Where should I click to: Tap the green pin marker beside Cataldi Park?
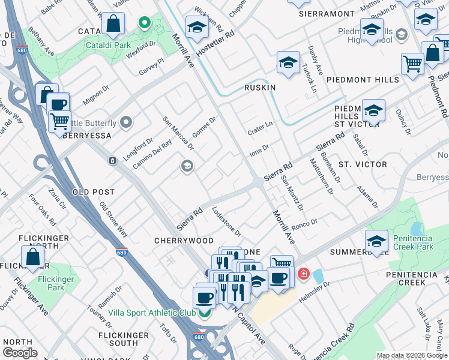tap(144, 23)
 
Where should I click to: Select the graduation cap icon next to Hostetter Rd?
tap(196, 27)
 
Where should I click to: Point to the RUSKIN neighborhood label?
tap(259, 88)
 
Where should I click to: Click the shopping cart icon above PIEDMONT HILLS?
tap(412, 64)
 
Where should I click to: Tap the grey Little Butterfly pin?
tap(126, 123)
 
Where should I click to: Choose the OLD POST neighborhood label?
tap(93, 192)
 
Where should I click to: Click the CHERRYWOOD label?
tap(184, 241)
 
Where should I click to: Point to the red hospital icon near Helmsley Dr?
tap(304, 274)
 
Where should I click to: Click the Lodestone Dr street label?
tap(227, 221)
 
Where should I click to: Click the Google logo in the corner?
tap(20, 353)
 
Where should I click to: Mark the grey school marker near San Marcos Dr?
tap(187, 166)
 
